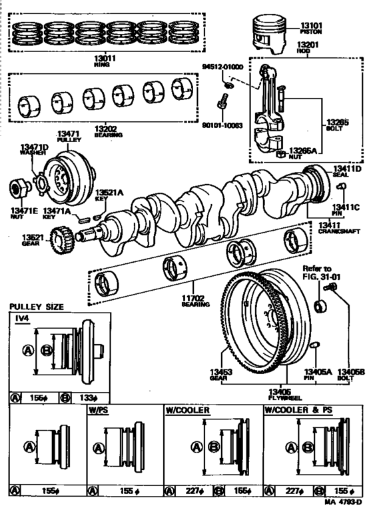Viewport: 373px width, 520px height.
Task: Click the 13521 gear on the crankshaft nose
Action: [x=61, y=237]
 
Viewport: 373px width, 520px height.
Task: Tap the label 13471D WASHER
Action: [x=33, y=149]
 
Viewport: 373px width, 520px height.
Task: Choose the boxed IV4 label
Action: [x=23, y=319]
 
